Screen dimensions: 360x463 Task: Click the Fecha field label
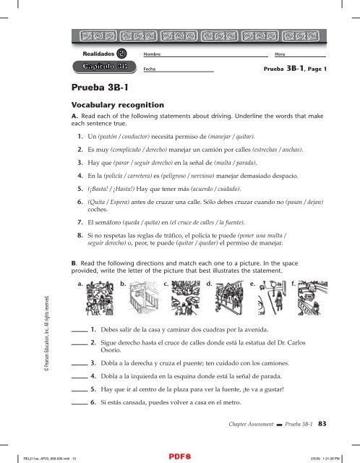coord(150,69)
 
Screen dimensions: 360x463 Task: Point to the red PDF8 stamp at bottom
coord(180,456)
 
